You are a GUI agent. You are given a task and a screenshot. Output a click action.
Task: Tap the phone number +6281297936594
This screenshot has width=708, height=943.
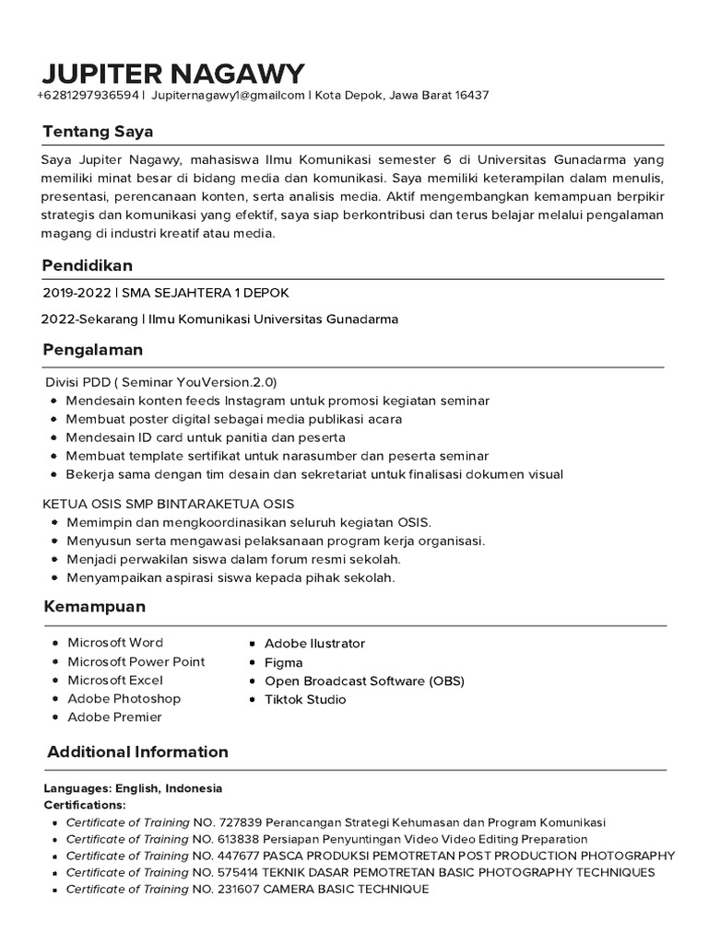click(88, 95)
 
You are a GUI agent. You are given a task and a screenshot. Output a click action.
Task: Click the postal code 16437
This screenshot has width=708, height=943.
click(470, 95)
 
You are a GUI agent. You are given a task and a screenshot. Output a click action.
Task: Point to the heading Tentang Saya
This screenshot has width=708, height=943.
click(97, 131)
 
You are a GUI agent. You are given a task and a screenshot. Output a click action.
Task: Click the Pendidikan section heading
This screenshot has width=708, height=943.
click(88, 265)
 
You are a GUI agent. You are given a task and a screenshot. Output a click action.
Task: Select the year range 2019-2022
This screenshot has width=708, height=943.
click(76, 293)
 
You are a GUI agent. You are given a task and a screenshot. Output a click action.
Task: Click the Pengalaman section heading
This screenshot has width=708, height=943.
click(92, 351)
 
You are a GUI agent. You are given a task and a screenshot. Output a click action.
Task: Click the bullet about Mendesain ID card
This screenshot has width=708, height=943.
click(206, 437)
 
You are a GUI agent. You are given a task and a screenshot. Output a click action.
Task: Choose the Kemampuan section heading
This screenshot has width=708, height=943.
click(95, 608)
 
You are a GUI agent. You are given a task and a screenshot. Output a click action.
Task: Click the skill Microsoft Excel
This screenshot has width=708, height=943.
click(115, 680)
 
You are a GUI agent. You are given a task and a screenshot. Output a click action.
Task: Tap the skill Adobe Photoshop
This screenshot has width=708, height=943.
click(124, 698)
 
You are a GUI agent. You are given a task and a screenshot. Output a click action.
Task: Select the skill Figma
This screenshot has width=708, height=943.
click(283, 662)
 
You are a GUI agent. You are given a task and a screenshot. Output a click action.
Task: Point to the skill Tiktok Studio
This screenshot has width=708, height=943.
click(305, 699)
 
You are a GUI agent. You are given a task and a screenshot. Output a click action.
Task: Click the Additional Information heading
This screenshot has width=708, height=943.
click(137, 751)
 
